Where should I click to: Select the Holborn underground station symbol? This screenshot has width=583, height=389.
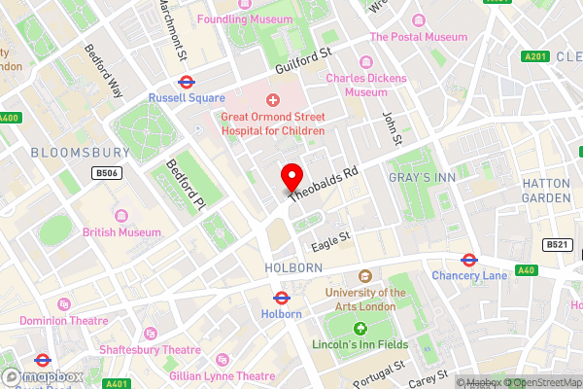[283, 298]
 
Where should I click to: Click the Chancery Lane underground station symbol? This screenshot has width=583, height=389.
[467, 260]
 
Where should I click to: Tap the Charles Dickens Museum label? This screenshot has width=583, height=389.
[357, 85]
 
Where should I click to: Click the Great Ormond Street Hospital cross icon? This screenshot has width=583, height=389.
[272, 99]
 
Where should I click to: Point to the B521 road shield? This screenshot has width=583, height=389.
[555, 244]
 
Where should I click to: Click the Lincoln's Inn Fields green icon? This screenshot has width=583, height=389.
[360, 330]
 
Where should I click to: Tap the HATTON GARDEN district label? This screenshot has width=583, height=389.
[546, 190]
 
